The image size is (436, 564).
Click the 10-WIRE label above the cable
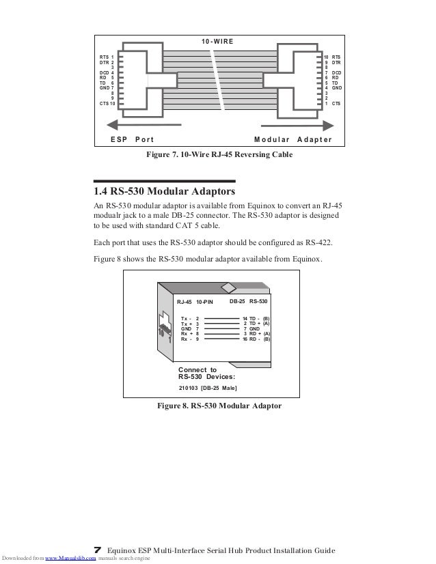pyautogui.click(x=217, y=42)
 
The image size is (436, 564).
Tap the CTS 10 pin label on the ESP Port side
pyautogui.click(x=107, y=103)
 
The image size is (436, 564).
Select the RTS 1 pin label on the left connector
pyautogui.click(x=107, y=57)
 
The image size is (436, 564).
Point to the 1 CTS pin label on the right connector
pyautogui.click(x=333, y=103)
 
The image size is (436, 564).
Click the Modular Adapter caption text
pyautogui.click(x=292, y=139)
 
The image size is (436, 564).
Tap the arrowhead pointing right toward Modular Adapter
pyautogui.click(x=331, y=125)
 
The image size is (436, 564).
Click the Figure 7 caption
pyautogui.click(x=219, y=155)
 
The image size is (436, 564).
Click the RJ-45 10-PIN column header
pyautogui.click(x=195, y=301)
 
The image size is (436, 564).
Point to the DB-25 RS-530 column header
pyautogui.click(x=249, y=300)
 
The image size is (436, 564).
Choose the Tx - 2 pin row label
pyautogui.click(x=189, y=318)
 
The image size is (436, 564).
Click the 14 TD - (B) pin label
pyautogui.click(x=256, y=318)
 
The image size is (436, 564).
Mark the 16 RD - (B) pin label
pyautogui.click(x=256, y=339)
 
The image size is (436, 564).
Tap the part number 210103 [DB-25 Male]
pyautogui.click(x=207, y=388)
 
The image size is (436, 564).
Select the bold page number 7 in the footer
pyautogui.click(x=97, y=549)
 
